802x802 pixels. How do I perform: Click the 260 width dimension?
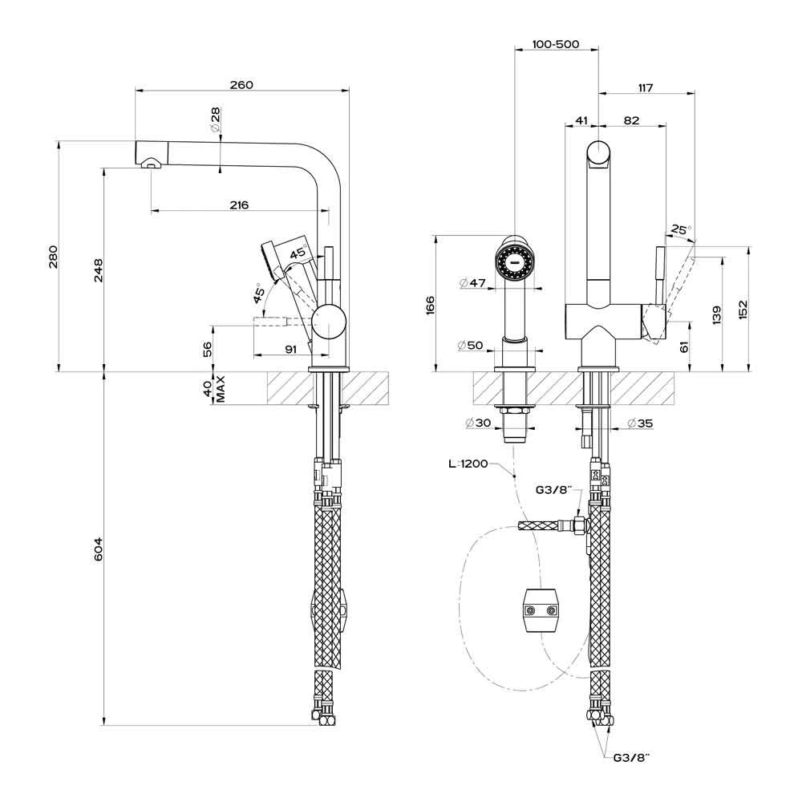pos(241,84)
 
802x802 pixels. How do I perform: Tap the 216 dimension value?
pos(238,205)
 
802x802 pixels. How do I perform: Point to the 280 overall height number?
pos(54,257)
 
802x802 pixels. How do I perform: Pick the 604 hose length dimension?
pos(98,549)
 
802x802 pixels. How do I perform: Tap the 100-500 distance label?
pos(555,45)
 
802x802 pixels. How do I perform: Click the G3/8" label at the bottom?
pos(630,757)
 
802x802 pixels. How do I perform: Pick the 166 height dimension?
pos(430,305)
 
